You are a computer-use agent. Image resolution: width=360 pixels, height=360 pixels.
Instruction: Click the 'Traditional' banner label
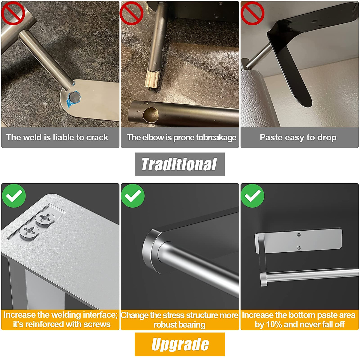pos(179,164)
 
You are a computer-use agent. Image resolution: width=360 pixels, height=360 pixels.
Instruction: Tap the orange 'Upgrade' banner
pos(180,344)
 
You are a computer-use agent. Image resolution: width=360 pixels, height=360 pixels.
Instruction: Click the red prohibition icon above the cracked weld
pos(13,13)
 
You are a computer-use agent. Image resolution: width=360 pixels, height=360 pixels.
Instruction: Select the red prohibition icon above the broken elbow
pos(131,13)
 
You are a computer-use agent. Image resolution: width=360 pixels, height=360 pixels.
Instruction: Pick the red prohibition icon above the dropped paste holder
pos(252,13)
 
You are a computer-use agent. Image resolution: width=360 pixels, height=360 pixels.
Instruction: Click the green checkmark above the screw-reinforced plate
pos(14,196)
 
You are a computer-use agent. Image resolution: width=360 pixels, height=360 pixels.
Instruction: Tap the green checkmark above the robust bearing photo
pos(133,196)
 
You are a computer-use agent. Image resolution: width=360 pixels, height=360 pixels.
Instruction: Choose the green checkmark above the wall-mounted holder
pos(253,196)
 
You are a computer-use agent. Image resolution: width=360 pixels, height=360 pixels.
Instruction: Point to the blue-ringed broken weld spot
pos(74,97)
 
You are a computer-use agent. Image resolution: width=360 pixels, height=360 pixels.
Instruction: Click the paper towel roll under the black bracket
pos(255,99)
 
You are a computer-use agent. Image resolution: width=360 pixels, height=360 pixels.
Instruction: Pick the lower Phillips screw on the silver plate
pos(29,231)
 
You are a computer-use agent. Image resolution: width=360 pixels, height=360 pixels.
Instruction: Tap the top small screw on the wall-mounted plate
pos(298,235)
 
